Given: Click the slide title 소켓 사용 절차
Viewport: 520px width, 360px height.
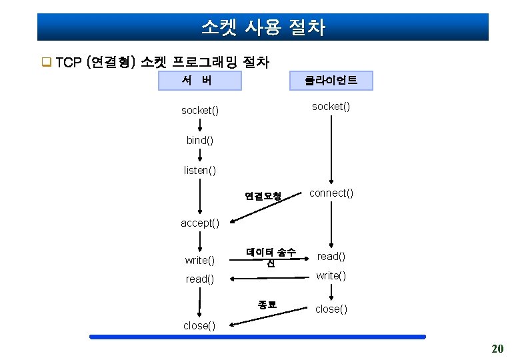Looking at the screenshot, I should [263, 27].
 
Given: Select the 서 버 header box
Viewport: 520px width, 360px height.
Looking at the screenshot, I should [199, 81].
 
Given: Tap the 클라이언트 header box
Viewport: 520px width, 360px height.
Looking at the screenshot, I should [331, 81].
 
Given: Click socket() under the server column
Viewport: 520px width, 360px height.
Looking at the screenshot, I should [200, 110].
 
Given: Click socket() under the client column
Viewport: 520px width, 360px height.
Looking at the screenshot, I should [331, 106].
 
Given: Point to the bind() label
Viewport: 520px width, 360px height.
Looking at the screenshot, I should [200, 140].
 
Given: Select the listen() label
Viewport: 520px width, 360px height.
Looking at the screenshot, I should [200, 171].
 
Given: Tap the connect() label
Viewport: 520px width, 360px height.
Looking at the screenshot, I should [331, 193].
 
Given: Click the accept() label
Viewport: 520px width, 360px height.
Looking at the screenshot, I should [200, 223].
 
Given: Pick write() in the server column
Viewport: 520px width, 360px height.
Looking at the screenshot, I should [200, 259].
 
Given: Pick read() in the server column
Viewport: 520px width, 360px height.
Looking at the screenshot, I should [200, 279].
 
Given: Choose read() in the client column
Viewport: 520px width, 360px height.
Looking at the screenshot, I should [331, 256].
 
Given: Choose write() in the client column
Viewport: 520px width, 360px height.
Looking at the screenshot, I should [331, 275].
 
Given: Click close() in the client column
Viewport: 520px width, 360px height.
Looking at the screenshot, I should [331, 309].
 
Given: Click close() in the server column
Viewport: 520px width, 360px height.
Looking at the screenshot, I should [200, 325].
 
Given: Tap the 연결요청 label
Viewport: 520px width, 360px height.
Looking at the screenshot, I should [263, 196].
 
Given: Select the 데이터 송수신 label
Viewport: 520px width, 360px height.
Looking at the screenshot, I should [271, 257].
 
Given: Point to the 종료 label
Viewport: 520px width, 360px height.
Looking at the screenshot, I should [267, 305].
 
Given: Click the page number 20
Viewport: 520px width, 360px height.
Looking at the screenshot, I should [497, 349].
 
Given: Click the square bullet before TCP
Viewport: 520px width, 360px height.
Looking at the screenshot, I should [47, 63].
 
